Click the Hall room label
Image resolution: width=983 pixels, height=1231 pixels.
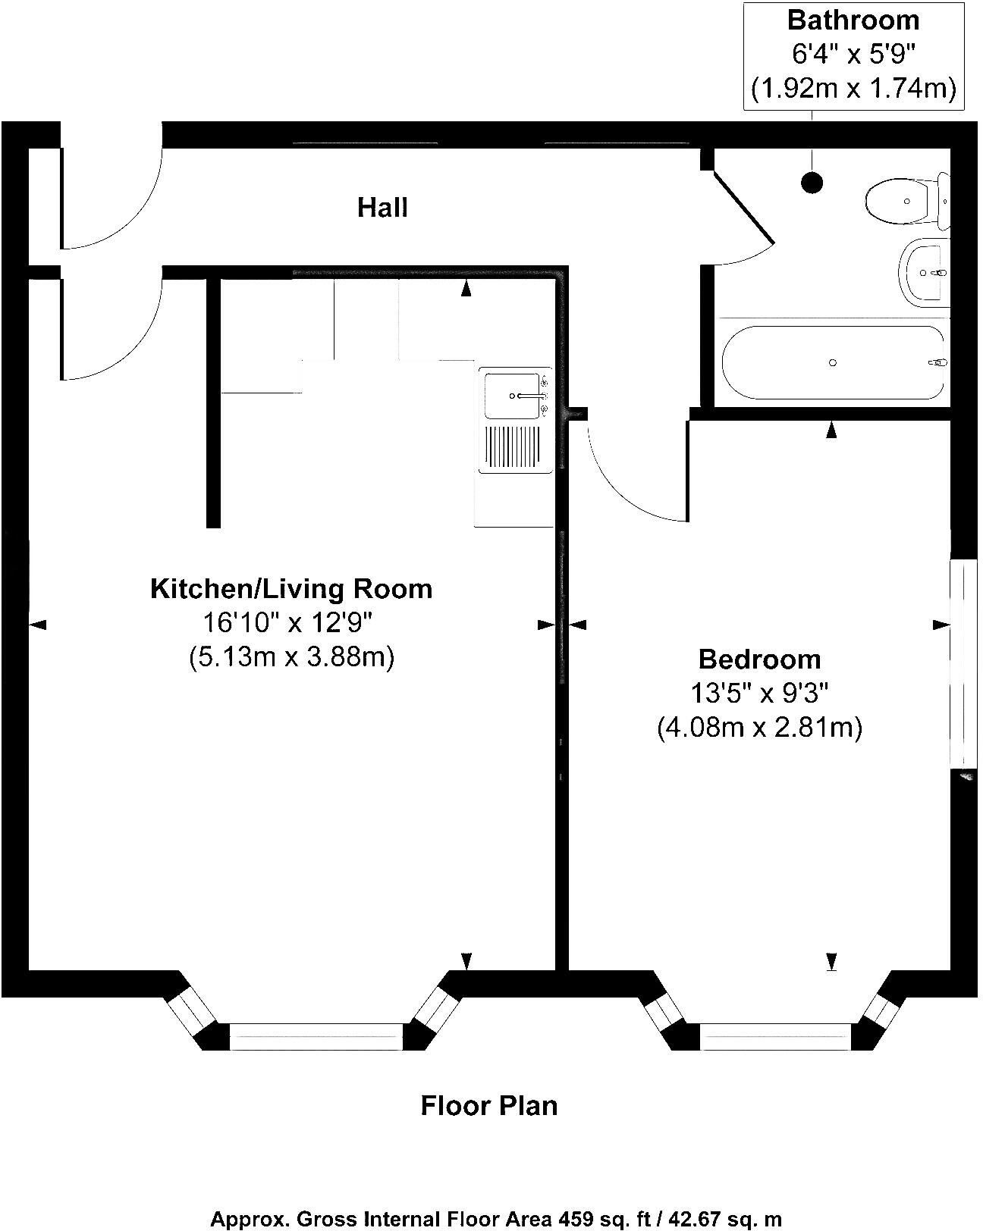pyautogui.click(x=382, y=207)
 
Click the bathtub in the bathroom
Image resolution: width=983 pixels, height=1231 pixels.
pyautogui.click(x=833, y=363)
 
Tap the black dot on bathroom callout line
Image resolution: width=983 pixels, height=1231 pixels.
pyautogui.click(x=812, y=182)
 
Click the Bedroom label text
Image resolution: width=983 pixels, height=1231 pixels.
pyautogui.click(x=759, y=659)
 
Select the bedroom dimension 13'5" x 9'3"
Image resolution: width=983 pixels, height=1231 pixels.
pyautogui.click(x=759, y=693)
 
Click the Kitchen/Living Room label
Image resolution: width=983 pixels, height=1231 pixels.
pyautogui.click(x=291, y=588)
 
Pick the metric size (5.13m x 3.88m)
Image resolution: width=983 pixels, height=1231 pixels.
pyautogui.click(x=291, y=656)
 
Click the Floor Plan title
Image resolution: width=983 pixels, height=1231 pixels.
pyautogui.click(x=489, y=1105)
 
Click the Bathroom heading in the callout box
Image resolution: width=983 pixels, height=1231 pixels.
pyautogui.click(x=853, y=20)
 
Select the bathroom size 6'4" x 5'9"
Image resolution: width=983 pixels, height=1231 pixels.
pyautogui.click(x=853, y=54)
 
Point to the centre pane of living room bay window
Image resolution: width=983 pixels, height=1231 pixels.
pyautogui.click(x=316, y=1035)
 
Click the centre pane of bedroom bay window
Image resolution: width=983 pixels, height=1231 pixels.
pyautogui.click(x=775, y=1035)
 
